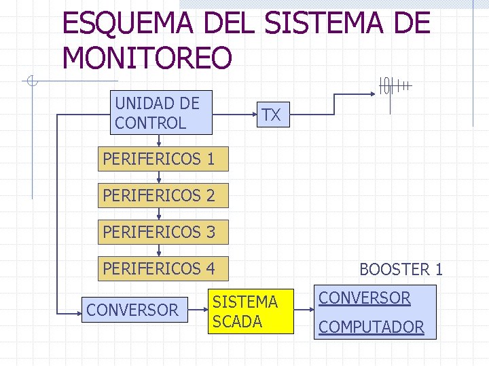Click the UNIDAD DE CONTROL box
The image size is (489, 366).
pos(162,113)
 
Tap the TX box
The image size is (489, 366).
pos(271,115)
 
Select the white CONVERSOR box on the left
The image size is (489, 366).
pos(132,310)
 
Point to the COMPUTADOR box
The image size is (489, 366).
pos(371,327)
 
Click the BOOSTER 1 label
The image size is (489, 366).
pos(401,269)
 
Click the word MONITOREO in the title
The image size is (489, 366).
pos(147,58)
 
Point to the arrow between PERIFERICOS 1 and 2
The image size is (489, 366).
pos(158,178)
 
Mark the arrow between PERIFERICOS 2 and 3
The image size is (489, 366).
pos(158,214)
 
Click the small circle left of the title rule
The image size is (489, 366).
pos(31,82)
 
